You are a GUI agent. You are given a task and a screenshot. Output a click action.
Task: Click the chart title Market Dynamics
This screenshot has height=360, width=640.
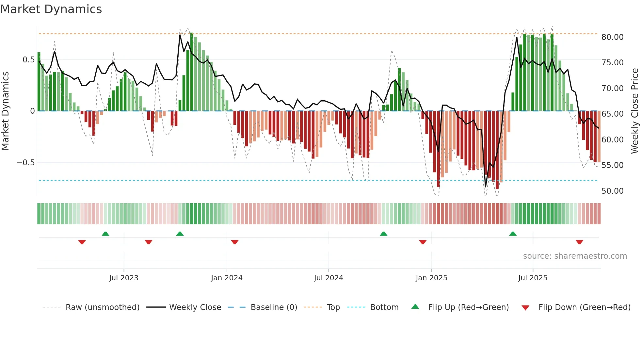tap(51, 9)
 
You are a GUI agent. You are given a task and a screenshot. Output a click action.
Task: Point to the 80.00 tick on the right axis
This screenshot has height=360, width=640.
tap(612, 37)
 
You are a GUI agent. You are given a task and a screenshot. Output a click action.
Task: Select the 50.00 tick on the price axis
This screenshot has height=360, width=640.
tap(612, 191)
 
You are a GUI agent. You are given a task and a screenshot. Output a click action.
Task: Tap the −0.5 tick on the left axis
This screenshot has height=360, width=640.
tap(26, 163)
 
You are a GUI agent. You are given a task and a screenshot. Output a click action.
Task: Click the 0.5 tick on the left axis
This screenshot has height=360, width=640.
tap(28, 60)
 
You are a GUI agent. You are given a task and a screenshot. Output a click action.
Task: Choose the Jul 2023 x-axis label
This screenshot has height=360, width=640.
tap(124, 278)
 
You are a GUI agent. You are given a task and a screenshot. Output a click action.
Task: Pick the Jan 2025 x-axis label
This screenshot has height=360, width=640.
tap(431, 278)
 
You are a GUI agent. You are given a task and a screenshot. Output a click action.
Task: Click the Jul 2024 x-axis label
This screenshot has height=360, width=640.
tap(328, 278)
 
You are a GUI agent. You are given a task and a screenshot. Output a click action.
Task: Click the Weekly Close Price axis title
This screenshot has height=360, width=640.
tap(634, 111)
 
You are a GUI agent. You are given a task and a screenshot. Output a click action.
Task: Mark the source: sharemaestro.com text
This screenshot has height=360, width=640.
tap(575, 256)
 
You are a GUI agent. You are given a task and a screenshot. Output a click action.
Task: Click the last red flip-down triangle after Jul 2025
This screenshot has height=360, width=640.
tap(579, 242)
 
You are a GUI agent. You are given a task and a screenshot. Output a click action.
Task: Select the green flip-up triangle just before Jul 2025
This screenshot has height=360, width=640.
tap(513, 234)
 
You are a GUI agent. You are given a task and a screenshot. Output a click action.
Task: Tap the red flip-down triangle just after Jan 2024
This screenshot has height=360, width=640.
tap(234, 242)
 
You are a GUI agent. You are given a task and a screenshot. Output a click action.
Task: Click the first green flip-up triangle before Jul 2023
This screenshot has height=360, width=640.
tap(105, 234)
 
